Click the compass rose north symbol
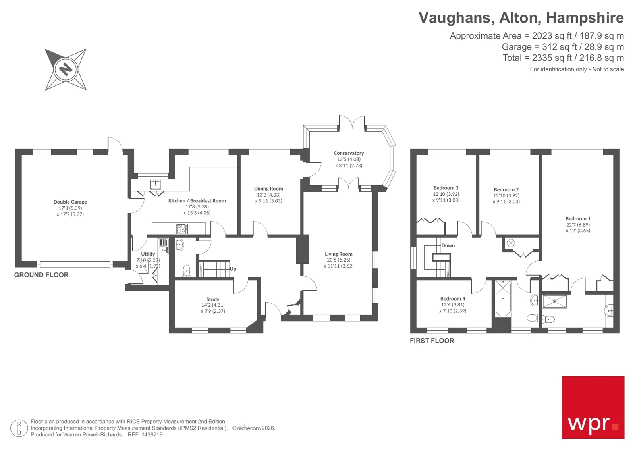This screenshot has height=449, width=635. pos(66,69)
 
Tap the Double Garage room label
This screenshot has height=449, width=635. pos(70,202)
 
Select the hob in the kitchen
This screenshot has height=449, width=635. pos(182,229)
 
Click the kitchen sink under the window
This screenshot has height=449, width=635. pos(155,185)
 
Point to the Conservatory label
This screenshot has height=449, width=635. pos(349,153)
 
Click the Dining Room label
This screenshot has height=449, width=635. pos(268,189)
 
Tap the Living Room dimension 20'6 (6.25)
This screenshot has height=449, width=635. pos(338,260)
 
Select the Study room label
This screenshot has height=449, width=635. pos(213,299)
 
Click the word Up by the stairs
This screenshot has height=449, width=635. pos(233,269)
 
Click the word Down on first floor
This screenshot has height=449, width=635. pos(448,245)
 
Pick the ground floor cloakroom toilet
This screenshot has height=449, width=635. pos(187,270)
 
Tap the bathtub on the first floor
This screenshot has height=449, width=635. pos(503,298)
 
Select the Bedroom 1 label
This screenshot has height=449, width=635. pos(578,218)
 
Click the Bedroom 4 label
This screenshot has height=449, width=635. pos(452,299)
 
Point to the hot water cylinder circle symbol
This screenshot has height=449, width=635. pos(511,243)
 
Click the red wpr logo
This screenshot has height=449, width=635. pos(593,407)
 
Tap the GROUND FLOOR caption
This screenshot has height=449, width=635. pos(41,275)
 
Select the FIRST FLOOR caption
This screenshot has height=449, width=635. pos(432,341)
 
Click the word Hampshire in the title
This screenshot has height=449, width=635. pos(585,18)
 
